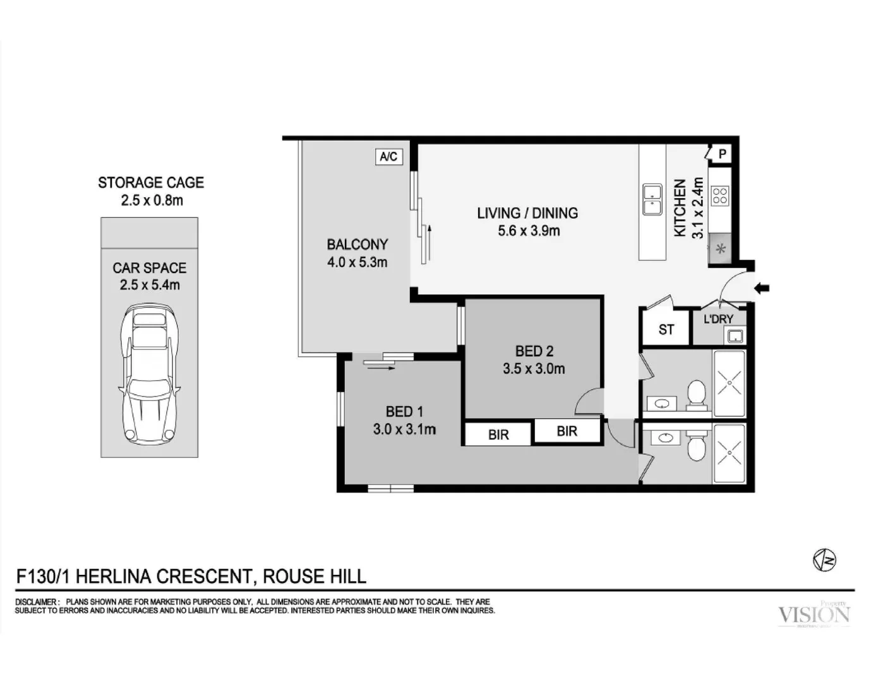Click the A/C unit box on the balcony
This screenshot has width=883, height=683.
tap(388, 156)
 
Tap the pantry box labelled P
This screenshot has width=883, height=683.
tap(722, 154)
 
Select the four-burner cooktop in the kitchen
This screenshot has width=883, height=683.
tap(720, 196)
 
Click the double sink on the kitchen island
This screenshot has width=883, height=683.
tap(652, 199)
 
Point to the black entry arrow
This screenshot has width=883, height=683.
tap(762, 288)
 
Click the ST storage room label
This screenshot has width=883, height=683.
tap(666, 329)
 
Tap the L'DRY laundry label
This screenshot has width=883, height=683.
tap(718, 319)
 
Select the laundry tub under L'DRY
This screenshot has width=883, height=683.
tap(735, 336)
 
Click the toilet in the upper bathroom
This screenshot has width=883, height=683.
tap(697, 394)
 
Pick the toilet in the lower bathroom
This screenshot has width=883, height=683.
tap(696, 446)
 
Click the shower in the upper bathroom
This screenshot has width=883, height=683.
tap(729, 383)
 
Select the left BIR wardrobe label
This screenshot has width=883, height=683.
tap(498, 435)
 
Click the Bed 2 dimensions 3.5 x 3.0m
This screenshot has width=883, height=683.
tap(534, 369)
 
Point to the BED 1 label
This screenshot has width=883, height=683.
tap(404, 412)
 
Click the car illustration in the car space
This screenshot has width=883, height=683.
tap(150, 373)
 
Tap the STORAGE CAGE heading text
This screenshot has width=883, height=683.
tap(151, 183)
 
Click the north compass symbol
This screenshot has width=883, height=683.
tap(824, 560)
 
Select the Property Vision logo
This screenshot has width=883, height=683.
tap(814, 614)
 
